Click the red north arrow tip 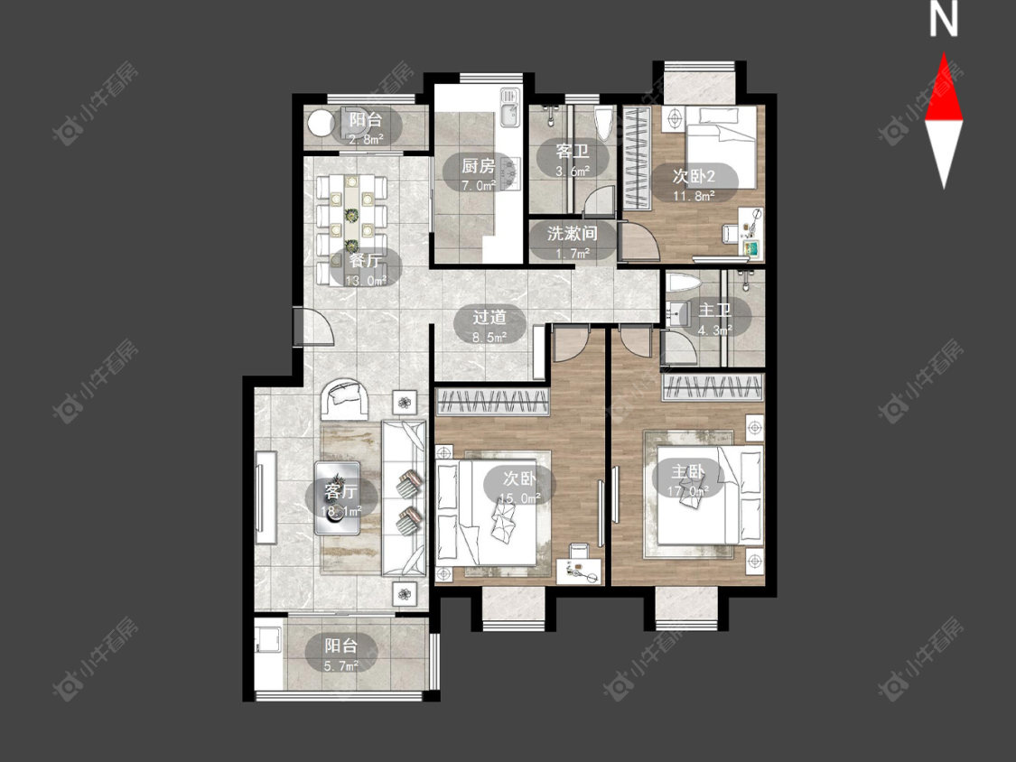[944, 54]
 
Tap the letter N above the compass [944, 20]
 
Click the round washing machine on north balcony [320, 123]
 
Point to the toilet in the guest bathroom [603, 124]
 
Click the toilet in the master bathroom [683, 283]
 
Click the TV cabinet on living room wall [266, 497]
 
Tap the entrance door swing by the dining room [313, 326]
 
